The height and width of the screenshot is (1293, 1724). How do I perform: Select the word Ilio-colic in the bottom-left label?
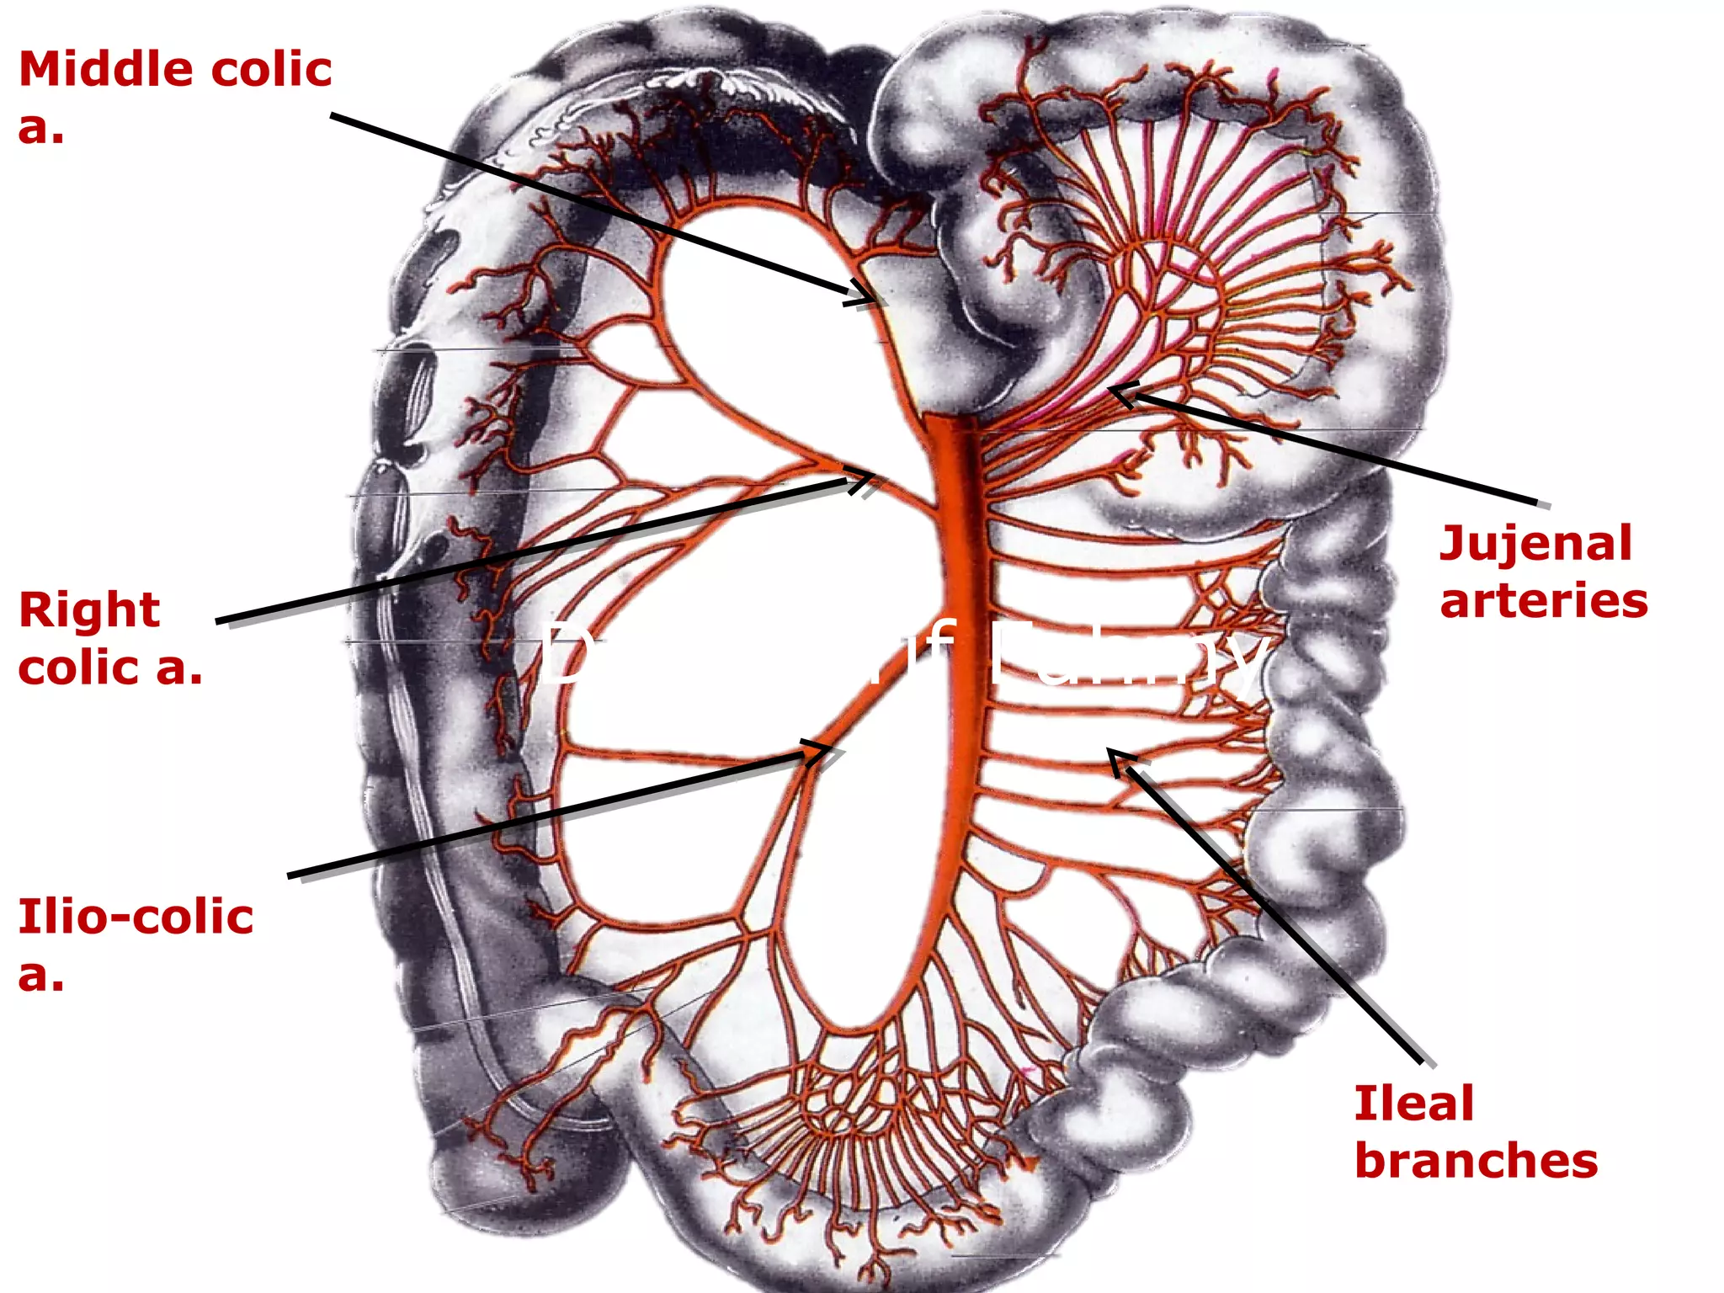(x=136, y=916)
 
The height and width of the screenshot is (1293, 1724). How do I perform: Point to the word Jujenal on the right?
(x=1535, y=544)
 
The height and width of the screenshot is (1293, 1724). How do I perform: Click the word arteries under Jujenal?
(x=1543, y=601)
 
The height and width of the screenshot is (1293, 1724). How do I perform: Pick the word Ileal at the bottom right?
(x=1413, y=1103)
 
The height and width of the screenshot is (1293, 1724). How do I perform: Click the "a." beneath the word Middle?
(x=40, y=127)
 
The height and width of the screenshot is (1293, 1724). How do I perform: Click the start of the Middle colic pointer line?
(x=332, y=114)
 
